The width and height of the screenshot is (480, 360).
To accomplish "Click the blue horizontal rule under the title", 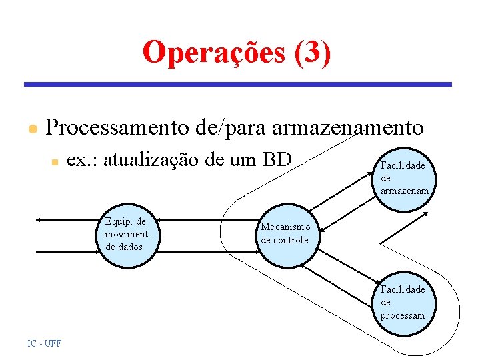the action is [x=238, y=85].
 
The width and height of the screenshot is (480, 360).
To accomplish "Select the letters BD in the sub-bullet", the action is [x=277, y=159].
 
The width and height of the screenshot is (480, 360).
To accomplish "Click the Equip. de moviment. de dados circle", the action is [x=129, y=234].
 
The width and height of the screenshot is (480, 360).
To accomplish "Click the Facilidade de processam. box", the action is [x=405, y=302].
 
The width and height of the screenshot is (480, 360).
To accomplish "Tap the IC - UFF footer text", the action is [x=44, y=343].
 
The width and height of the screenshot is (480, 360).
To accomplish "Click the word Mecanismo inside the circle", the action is [x=285, y=227].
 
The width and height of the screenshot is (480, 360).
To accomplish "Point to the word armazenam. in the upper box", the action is [x=405, y=191].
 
